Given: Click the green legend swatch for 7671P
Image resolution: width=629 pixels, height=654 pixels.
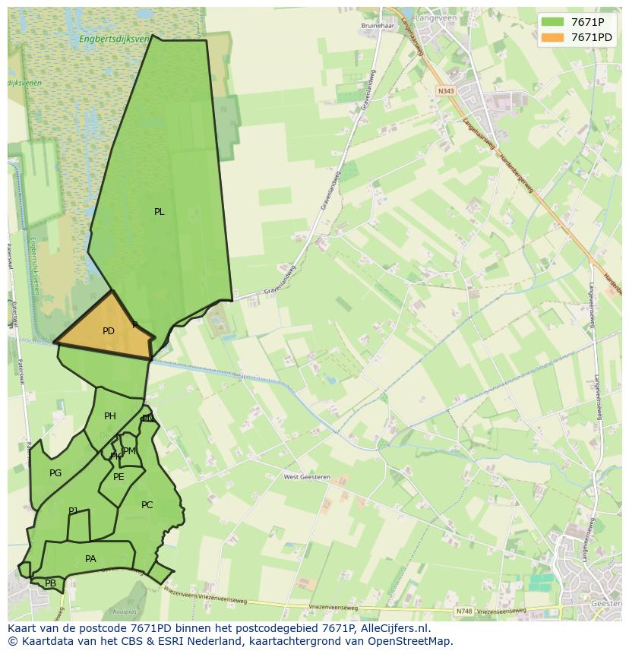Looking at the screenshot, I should [552, 22].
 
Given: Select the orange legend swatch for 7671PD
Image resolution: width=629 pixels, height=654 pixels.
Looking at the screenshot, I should [552, 37].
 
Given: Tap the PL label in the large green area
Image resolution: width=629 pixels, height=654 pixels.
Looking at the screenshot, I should [159, 212].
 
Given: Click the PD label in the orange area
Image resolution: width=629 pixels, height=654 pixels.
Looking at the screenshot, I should [109, 331].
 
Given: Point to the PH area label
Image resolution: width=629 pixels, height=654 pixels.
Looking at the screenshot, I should [110, 416].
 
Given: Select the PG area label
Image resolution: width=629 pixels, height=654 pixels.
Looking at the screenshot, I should [55, 473].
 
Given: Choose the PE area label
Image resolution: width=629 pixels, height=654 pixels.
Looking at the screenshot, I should [119, 477].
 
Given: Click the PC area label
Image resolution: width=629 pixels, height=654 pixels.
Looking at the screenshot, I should [147, 505].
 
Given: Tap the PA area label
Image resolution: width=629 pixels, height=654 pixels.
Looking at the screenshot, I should [90, 559].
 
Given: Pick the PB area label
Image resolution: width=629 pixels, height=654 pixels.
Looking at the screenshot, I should [50, 583].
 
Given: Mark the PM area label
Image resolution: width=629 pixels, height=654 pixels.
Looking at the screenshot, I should [130, 451].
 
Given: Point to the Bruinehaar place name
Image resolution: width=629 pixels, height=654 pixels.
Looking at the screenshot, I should [377, 25].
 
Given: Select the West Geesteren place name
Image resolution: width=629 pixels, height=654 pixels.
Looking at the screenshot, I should [307, 478].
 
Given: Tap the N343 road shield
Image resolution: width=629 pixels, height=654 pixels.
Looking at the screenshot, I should [445, 91].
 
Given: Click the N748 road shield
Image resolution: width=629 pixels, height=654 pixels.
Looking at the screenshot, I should [463, 611].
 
